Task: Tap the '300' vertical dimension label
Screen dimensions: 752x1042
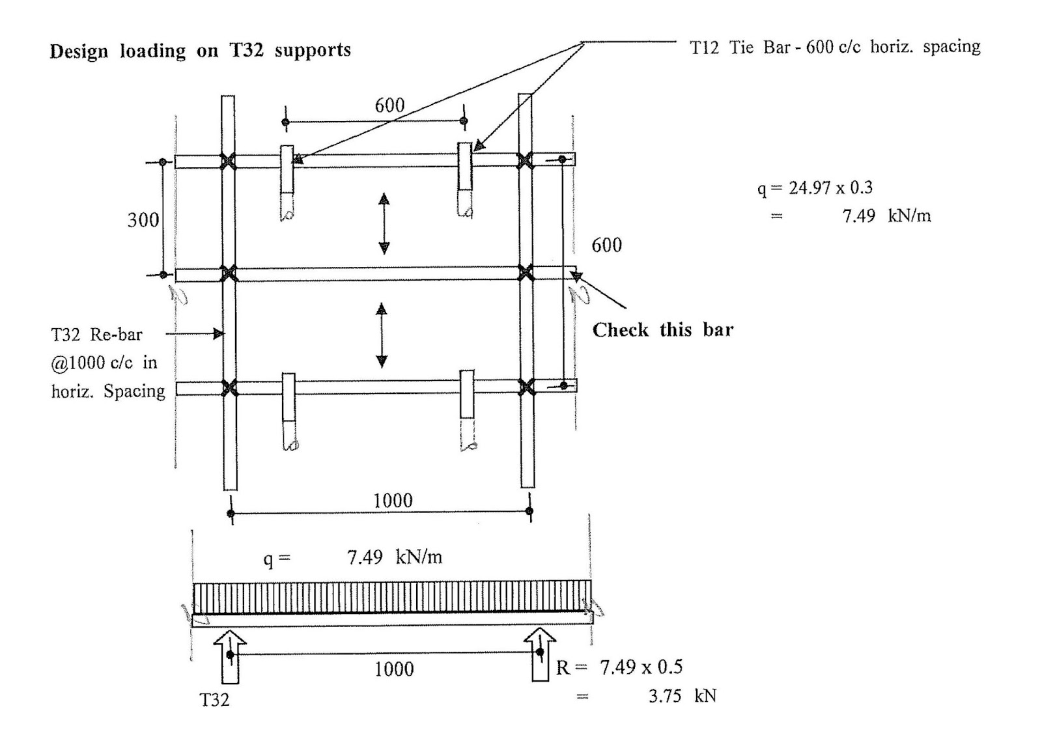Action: coord(143,220)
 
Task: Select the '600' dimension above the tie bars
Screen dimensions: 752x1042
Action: coord(389,105)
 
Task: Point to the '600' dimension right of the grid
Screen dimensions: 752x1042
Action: coord(606,245)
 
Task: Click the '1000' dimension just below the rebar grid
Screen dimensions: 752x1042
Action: coord(393,501)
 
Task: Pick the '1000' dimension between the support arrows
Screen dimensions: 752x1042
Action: coord(394,669)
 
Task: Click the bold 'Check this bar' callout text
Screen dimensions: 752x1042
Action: coord(662,330)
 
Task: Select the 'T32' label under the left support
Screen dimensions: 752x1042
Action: coord(214,700)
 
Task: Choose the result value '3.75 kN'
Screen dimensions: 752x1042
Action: coord(682,696)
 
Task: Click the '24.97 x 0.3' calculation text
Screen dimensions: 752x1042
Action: coord(830,188)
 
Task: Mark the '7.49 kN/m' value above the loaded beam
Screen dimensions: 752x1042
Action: coord(394,557)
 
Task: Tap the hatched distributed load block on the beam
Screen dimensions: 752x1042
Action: coord(392,597)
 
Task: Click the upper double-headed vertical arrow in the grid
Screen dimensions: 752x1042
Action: coord(384,223)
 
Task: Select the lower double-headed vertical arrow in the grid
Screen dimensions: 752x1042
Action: coord(382,336)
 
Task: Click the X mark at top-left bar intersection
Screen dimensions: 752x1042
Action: coord(228,161)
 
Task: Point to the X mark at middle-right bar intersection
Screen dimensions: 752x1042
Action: coord(526,273)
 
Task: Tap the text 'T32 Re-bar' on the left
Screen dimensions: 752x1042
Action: coord(96,335)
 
